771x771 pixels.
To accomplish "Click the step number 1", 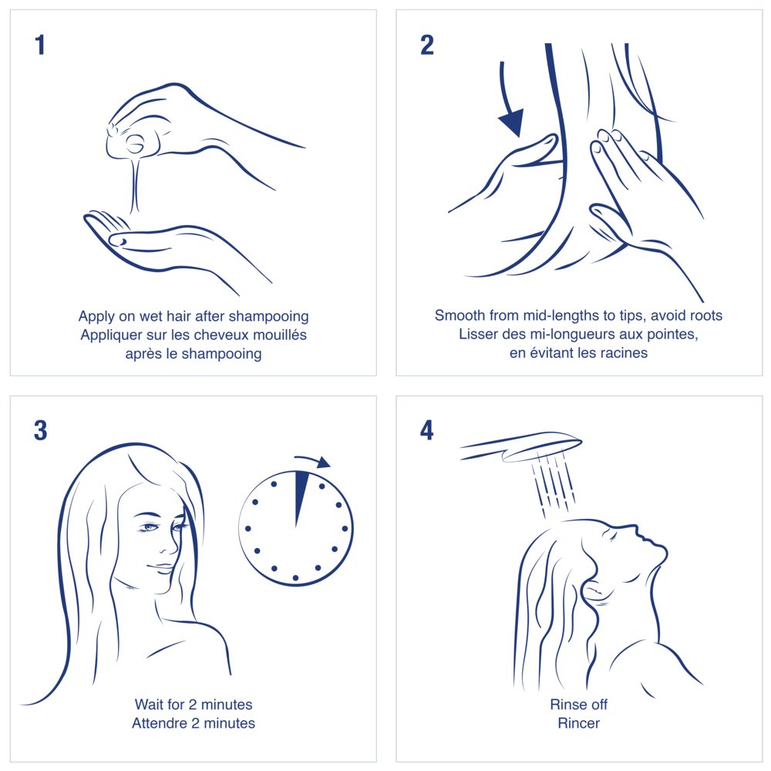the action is [40, 45].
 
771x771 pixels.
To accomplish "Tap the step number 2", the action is [427, 45].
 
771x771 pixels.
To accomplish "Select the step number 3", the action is [40, 430].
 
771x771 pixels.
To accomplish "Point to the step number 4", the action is [427, 430].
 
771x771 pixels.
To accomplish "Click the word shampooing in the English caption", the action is [269, 317].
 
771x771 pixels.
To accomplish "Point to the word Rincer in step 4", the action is [579, 723].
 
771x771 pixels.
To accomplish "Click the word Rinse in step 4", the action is [565, 704].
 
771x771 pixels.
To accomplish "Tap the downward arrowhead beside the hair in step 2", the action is [511, 123].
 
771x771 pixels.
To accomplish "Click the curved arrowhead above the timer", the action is [324, 462].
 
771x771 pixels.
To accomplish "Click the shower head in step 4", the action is [521, 446].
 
